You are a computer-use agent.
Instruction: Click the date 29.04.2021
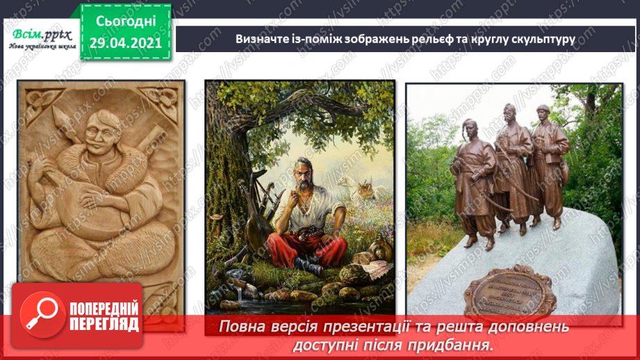pyautogui.click(x=126, y=42)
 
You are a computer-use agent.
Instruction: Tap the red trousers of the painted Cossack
pyautogui.click(x=299, y=247)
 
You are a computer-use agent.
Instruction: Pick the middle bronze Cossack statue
pyautogui.click(x=511, y=167)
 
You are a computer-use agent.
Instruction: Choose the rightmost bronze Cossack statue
pyautogui.click(x=549, y=163)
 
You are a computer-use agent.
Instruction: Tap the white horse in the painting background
pyautogui.click(x=352, y=184)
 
